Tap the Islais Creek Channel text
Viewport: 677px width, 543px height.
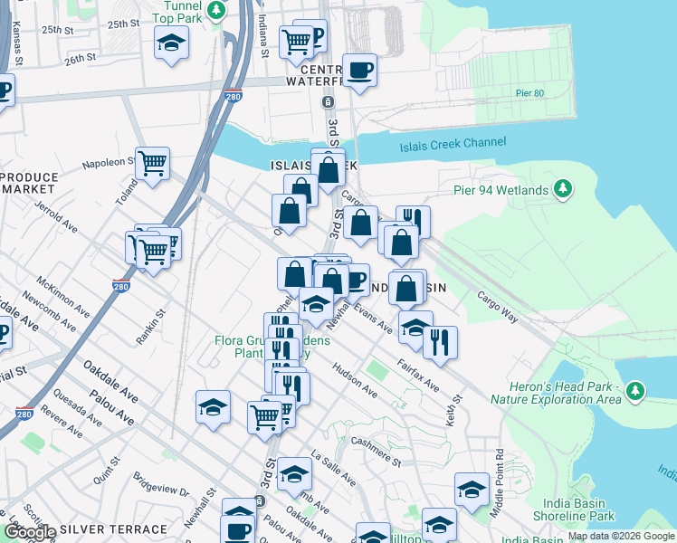point(454,145)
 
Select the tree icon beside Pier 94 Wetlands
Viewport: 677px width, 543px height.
point(564,188)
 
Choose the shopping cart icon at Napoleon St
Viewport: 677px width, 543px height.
point(153,163)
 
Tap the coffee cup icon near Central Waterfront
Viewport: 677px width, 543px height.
point(359,70)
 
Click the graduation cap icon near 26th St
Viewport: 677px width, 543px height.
point(169,43)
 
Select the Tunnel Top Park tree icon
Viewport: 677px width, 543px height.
point(216,10)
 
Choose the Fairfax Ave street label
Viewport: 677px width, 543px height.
point(418,377)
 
